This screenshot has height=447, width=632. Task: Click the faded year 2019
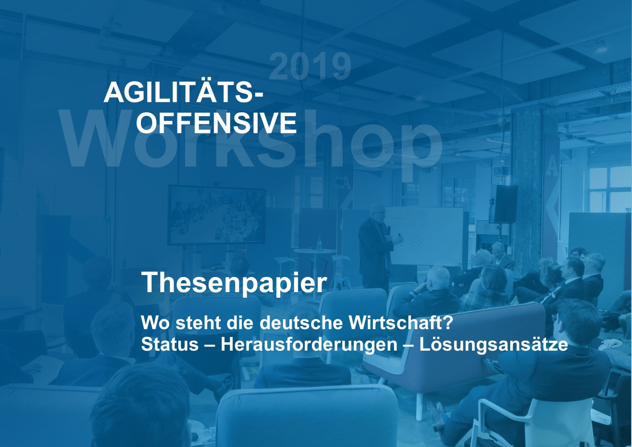(x=310, y=66)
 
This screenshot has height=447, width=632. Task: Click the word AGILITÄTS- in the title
(x=183, y=93)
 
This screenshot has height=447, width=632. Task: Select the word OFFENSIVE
(x=217, y=123)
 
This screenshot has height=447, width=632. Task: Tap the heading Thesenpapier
(x=234, y=282)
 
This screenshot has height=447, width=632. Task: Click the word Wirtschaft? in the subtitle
(x=401, y=322)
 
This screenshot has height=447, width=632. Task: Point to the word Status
(x=170, y=344)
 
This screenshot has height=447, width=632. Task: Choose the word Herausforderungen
(x=309, y=344)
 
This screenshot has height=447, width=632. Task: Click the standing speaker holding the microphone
(x=375, y=247)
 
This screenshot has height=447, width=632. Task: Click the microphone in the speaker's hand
(x=389, y=230)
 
